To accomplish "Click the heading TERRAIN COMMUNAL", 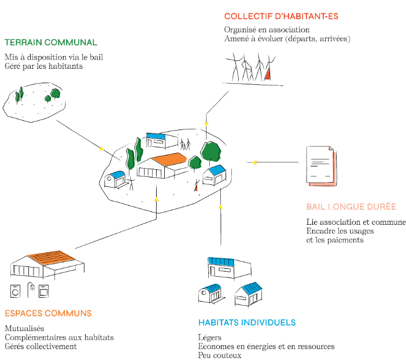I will coord(51,42).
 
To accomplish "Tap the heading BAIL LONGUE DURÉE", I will coord(351,207).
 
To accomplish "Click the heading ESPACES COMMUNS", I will coord(48,313).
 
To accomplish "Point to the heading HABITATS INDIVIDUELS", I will coord(247,322).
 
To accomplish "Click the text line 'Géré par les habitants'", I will coord(43,66).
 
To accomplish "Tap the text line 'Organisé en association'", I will coord(267,29).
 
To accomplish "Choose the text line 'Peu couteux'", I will coord(219,355).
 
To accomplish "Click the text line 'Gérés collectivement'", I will coord(40,346).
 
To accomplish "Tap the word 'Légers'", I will coord(209,337).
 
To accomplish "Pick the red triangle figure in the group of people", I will coord(267,73).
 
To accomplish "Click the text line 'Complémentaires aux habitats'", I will coord(59,337).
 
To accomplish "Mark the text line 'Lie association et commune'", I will coord(356,222).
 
